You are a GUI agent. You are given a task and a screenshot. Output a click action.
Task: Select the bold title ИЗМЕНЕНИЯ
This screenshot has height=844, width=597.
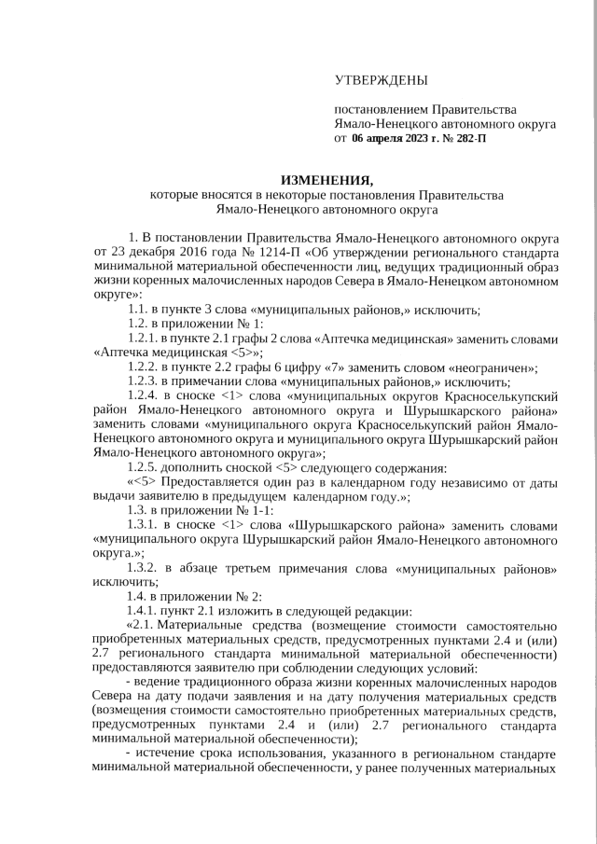(326, 180)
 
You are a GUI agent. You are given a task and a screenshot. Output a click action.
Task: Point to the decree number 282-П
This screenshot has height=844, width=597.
(468, 138)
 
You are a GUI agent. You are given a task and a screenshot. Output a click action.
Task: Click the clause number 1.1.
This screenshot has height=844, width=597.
(140, 310)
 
